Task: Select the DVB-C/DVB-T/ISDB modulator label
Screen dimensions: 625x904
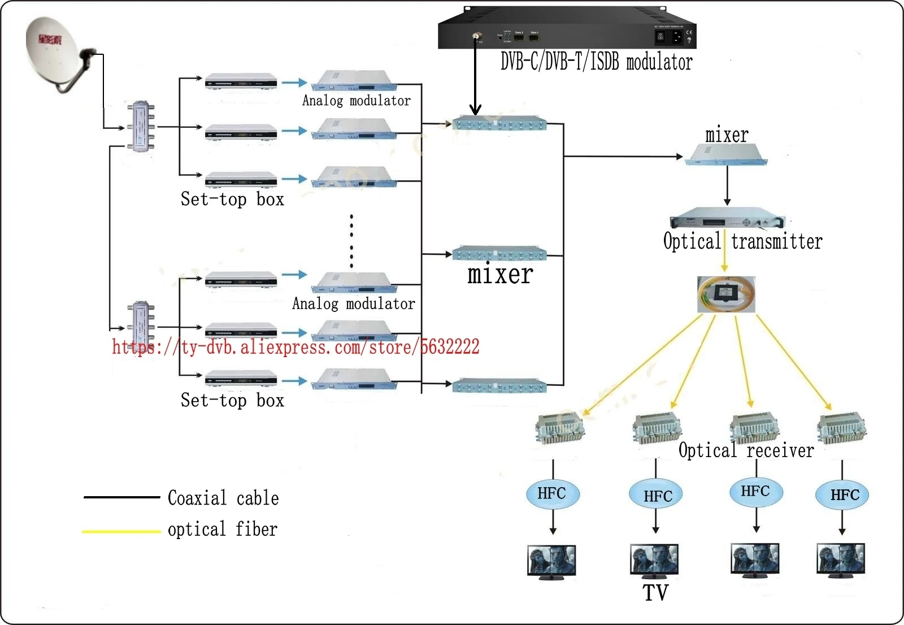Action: coord(596,62)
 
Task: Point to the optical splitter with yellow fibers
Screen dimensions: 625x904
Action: coord(726,294)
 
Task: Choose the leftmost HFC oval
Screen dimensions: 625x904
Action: coord(552,494)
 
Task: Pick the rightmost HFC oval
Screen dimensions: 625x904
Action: coord(842,496)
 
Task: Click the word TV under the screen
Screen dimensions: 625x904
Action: coord(655,593)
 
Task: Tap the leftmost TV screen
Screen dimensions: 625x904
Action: coord(551,561)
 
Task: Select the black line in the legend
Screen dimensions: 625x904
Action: coord(121,497)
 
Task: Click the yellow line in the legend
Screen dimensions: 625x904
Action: coord(121,531)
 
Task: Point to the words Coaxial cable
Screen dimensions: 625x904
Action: coord(223,498)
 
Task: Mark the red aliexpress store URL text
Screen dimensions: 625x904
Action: coord(295,346)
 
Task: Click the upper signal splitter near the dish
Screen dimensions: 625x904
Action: coord(140,127)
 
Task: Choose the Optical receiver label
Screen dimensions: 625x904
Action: coord(746,450)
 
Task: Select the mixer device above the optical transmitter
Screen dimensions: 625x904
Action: coord(726,154)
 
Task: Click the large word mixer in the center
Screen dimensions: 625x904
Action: coord(500,275)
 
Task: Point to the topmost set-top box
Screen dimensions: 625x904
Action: coord(241,82)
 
